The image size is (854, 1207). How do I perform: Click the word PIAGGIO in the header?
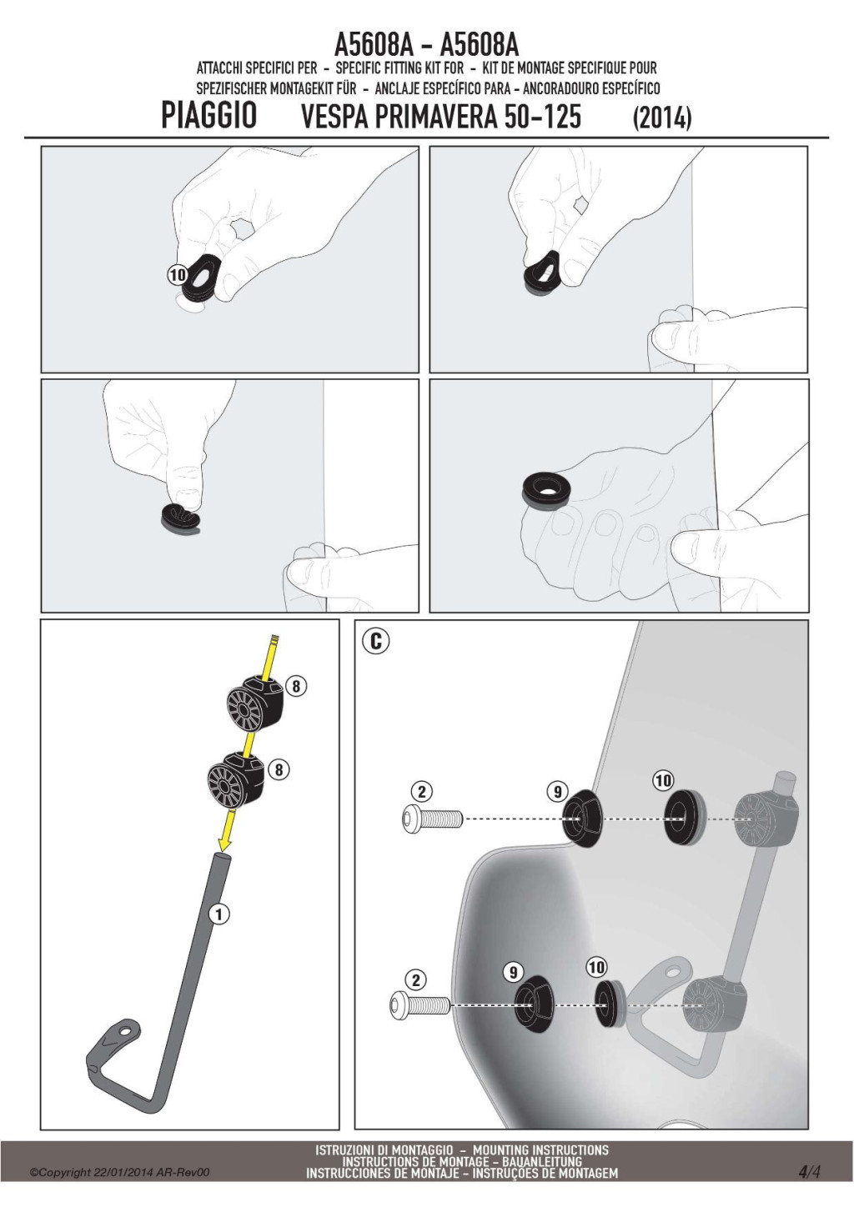208,116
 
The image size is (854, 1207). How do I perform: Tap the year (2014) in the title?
662,118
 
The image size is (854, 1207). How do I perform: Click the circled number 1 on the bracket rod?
219,914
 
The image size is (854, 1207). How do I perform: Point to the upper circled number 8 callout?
296,686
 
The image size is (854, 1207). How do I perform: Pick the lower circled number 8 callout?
279,769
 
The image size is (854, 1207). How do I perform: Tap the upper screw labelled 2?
432,819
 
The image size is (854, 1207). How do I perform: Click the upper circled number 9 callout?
558,792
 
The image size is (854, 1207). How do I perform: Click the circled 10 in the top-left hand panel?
177,275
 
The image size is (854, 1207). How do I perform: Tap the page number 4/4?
810,1183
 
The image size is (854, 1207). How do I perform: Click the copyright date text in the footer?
120,1184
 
